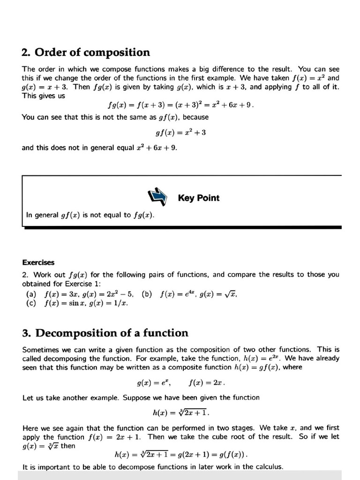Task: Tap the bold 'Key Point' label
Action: click(x=198, y=198)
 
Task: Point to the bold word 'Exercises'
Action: click(x=38, y=262)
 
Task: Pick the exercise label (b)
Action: click(x=147, y=294)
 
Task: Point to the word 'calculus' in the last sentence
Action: click(x=267, y=466)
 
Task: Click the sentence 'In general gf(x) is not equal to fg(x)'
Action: click(x=90, y=215)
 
